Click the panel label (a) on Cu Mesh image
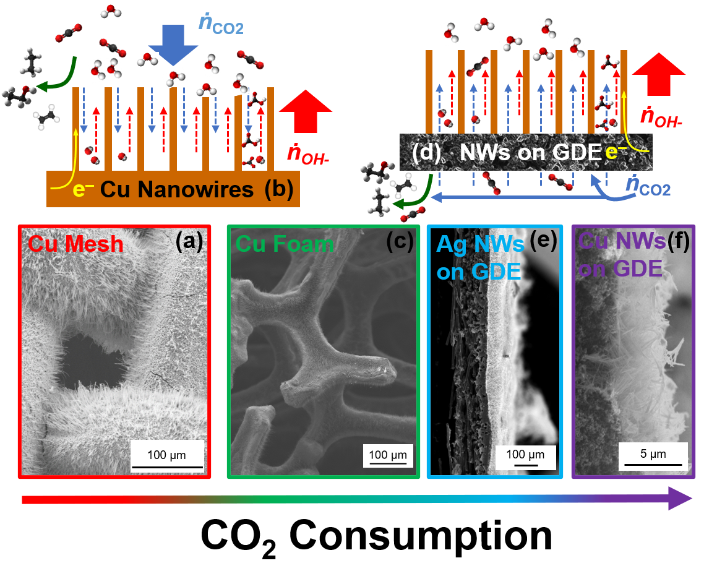(x=188, y=242)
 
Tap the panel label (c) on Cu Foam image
(x=399, y=242)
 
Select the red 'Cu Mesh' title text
(x=75, y=244)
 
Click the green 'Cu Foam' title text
(x=285, y=244)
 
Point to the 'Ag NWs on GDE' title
(x=480, y=257)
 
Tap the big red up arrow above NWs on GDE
(x=659, y=72)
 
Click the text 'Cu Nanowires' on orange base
(x=176, y=190)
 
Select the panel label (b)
(x=278, y=190)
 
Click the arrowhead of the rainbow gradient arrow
(x=681, y=499)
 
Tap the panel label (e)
(x=543, y=242)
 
